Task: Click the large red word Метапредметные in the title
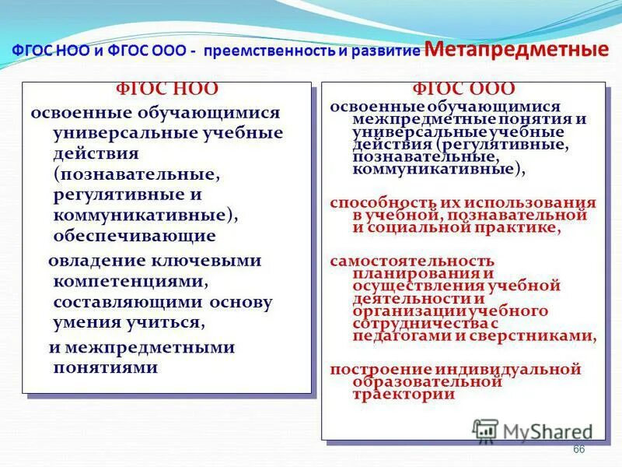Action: click(x=517, y=49)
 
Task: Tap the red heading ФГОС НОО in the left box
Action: click(x=166, y=90)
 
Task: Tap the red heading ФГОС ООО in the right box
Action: click(x=463, y=90)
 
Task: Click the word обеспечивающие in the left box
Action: click(x=135, y=235)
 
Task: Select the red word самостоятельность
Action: click(x=412, y=261)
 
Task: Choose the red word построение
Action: click(x=369, y=368)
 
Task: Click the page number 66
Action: click(x=578, y=450)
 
